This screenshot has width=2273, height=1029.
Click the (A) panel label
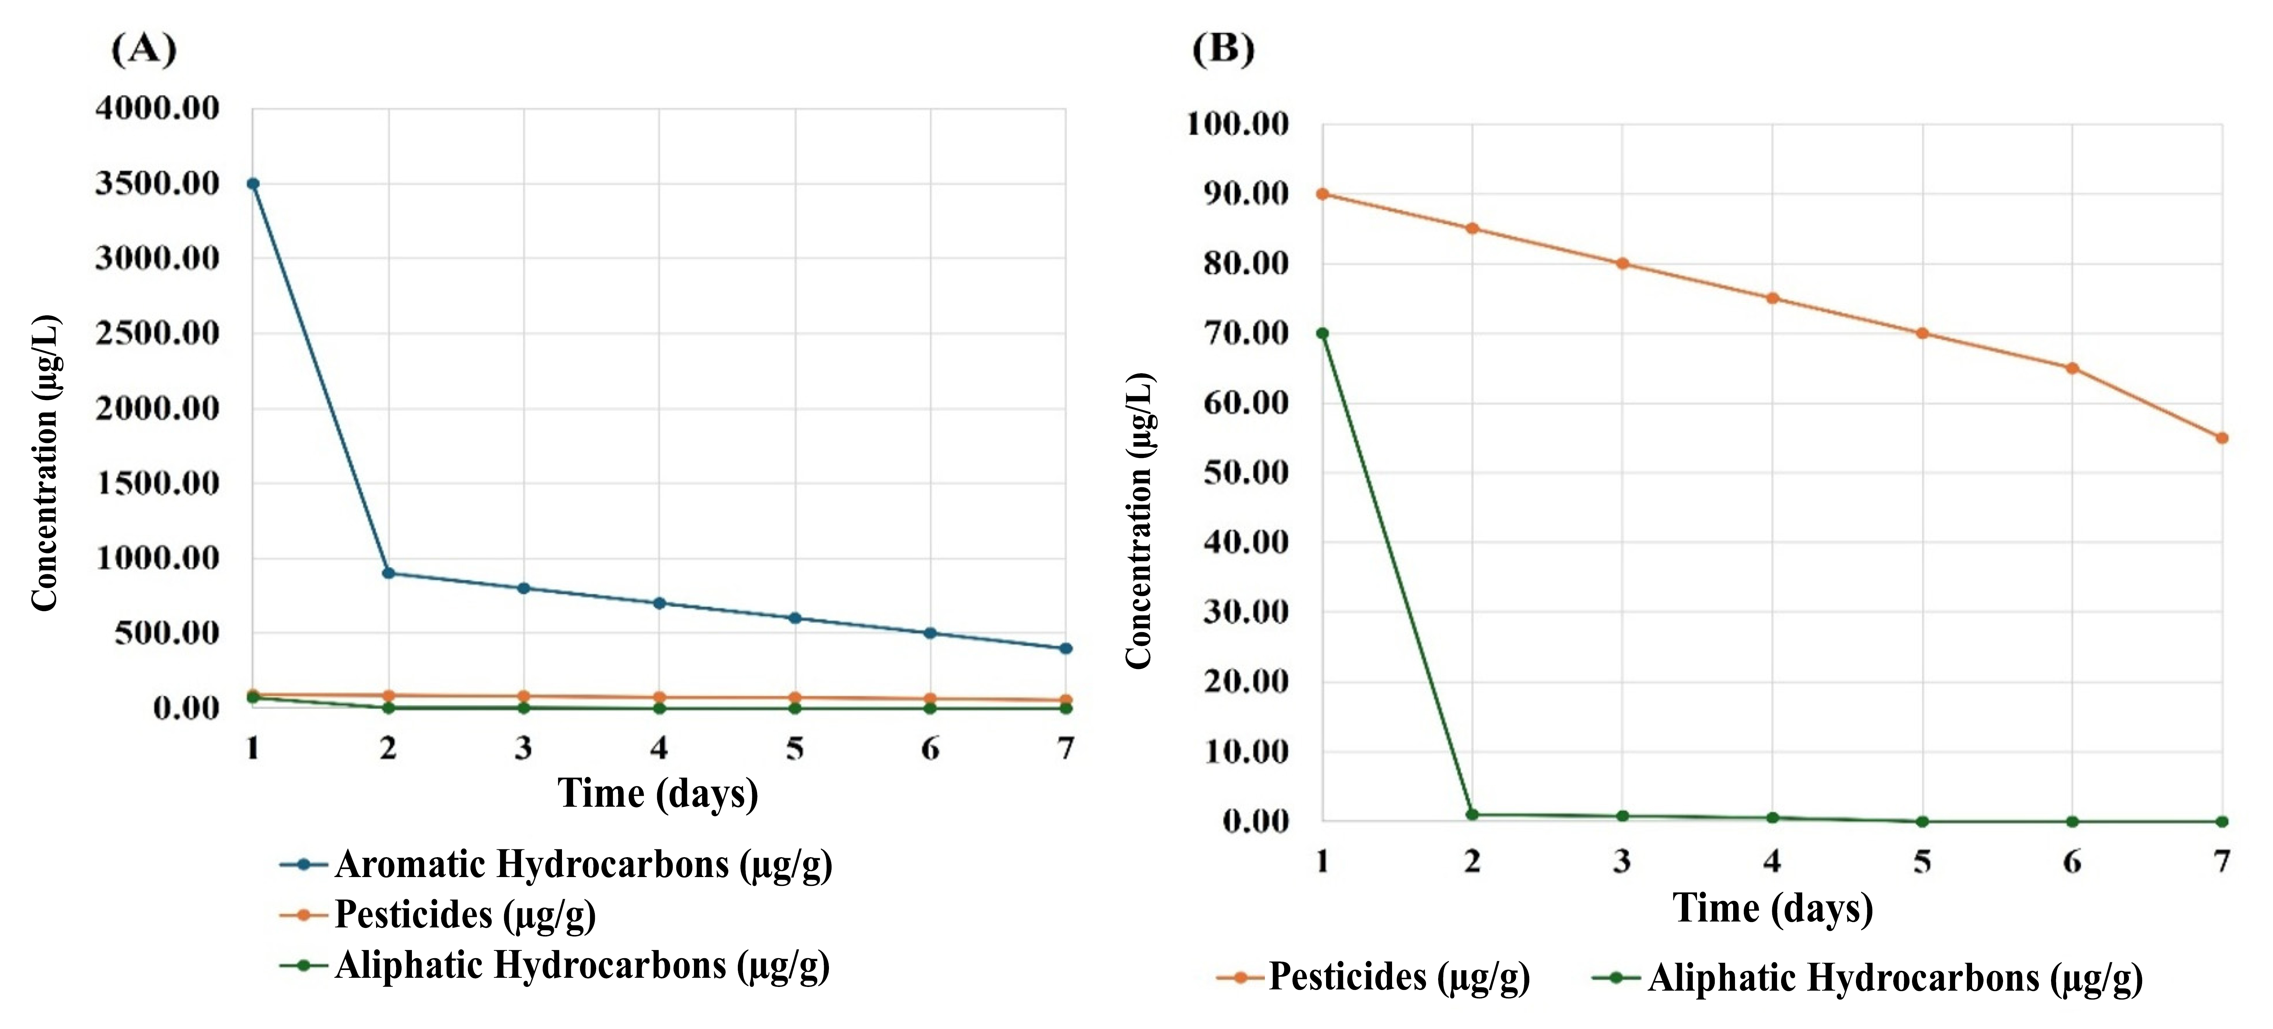click(x=144, y=49)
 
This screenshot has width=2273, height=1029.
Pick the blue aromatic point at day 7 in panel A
click(x=1066, y=649)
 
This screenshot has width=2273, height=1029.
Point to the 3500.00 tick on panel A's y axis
click(x=157, y=184)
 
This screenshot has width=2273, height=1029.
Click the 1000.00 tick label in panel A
click(x=157, y=559)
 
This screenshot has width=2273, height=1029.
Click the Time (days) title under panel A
click(x=657, y=793)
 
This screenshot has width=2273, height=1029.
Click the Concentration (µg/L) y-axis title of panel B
click(x=1139, y=521)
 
